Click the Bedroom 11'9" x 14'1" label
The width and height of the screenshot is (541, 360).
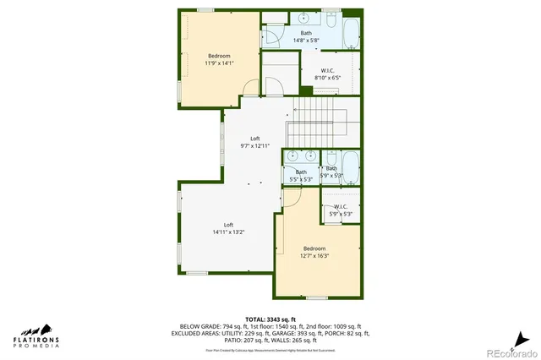coord(218,59)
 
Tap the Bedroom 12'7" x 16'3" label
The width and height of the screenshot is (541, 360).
coord(314,252)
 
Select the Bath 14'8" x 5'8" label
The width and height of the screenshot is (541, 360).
coord(306,36)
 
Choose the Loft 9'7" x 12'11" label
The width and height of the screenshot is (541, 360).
coord(254,142)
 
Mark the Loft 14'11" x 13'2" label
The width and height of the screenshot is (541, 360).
coord(228,228)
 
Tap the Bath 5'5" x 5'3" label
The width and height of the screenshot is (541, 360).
coord(301,176)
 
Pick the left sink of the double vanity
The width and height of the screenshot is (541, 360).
coord(292,155)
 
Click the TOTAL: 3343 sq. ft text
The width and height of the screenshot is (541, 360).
coord(270,317)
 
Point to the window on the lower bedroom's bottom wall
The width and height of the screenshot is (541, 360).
coord(316,297)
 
